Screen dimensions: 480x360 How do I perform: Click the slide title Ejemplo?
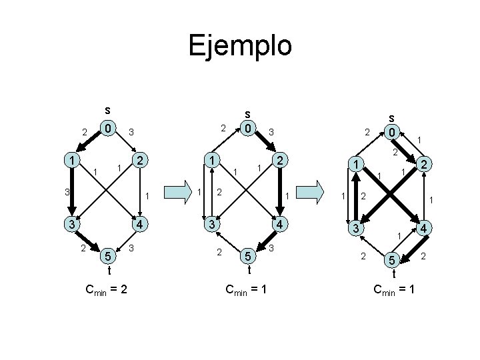(240, 46)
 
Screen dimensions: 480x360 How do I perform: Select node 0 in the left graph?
(107, 127)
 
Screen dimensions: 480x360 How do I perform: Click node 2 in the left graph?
(140, 161)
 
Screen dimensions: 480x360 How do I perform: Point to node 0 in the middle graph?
(247, 127)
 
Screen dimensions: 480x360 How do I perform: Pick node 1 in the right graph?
(357, 165)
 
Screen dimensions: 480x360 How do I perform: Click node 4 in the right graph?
(424, 229)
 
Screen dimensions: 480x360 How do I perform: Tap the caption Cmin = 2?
(107, 289)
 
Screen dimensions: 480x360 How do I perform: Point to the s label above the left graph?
(107, 109)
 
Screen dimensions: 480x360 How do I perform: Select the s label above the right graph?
(393, 115)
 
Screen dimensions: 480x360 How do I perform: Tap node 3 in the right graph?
(357, 229)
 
